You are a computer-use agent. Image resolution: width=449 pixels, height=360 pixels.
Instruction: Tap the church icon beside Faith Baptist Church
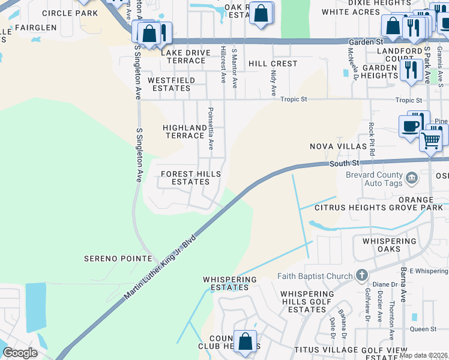pos(361,275)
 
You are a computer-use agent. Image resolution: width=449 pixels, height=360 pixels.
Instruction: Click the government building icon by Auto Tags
pos(412,177)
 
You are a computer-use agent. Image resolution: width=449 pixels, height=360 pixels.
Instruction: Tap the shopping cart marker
pos(431,141)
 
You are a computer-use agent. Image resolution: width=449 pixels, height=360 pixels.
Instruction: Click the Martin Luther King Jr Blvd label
pos(160,268)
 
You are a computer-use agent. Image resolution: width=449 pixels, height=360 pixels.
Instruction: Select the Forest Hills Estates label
pos(191,178)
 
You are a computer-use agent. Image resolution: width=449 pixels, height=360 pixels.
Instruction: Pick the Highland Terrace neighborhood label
pos(185,131)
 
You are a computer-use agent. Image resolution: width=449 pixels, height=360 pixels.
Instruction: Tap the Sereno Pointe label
pos(118,258)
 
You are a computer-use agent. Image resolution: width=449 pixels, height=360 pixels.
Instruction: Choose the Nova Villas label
pos(338,146)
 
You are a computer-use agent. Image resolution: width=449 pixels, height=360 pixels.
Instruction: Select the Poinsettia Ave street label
pos(210,128)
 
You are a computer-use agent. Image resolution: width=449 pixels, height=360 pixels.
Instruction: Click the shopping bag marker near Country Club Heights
pos(245,341)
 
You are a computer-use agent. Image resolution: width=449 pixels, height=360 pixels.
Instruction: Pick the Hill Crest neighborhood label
pos(273,64)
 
